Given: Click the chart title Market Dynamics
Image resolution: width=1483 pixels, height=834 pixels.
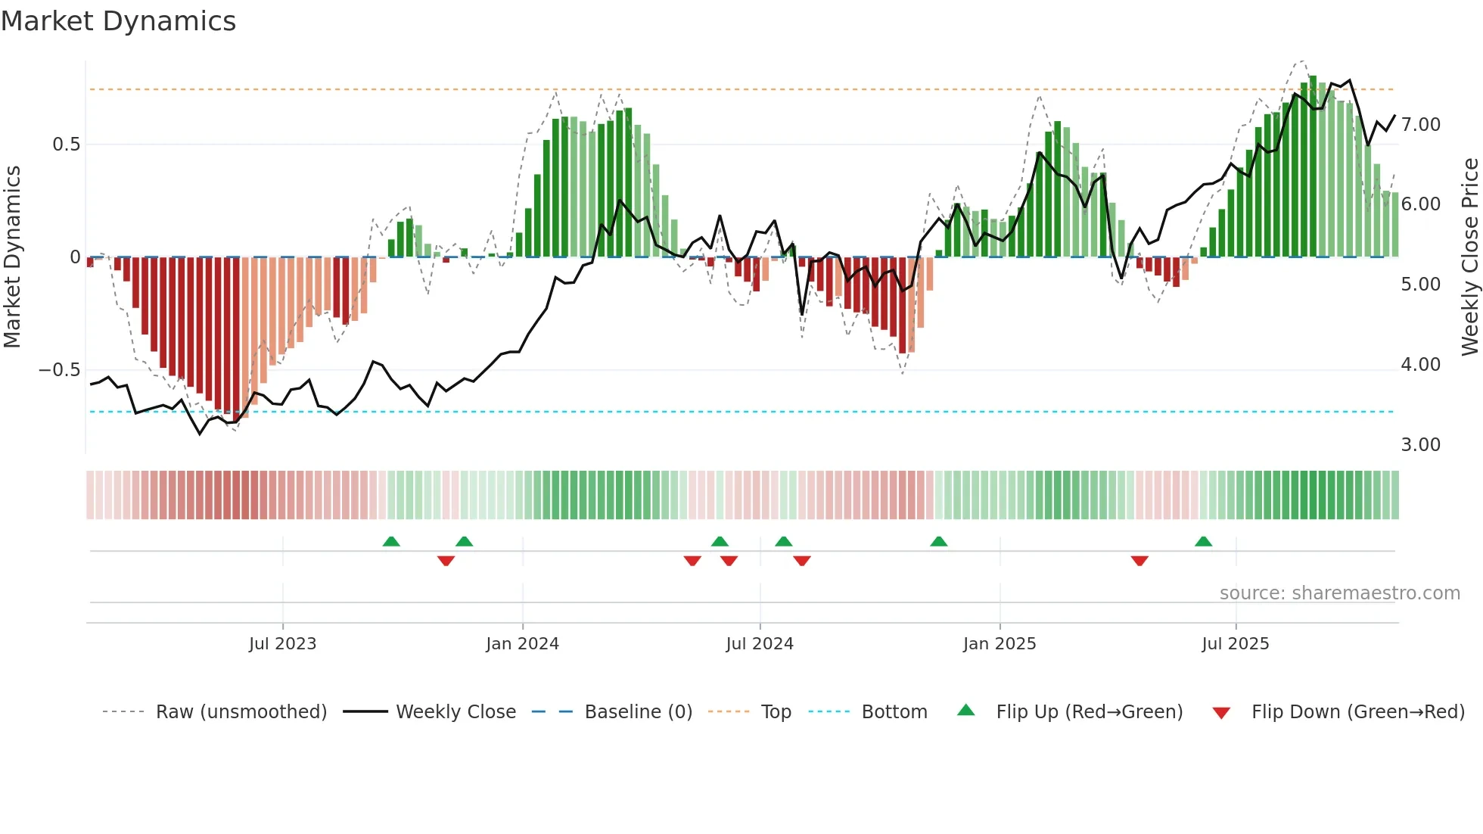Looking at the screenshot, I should click(x=118, y=21).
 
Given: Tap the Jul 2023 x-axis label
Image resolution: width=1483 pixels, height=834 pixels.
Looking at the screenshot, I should click(x=282, y=644).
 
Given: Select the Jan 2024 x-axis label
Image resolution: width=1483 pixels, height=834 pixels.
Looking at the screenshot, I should click(x=522, y=644).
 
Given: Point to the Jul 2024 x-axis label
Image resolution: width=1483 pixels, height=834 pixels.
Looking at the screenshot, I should click(x=760, y=644).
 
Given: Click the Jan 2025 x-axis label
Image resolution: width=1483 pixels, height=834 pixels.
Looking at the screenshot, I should click(x=1000, y=644).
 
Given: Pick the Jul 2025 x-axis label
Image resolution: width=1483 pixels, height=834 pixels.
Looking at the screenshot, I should click(x=1236, y=644).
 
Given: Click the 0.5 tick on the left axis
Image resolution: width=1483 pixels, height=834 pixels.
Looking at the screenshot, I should click(x=66, y=145).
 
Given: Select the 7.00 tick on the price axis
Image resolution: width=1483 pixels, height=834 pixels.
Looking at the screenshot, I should click(x=1421, y=125).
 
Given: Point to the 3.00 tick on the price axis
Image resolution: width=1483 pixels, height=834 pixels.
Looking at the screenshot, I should click(x=1421, y=445).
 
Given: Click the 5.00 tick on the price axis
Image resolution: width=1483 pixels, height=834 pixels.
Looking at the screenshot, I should click(x=1421, y=285).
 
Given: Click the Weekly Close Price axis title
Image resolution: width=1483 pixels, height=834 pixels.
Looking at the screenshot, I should click(x=1469, y=257).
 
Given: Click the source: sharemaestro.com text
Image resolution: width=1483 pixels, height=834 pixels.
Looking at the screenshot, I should click(x=1339, y=593).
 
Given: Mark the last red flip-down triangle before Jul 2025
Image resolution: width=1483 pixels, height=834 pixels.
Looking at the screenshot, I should click(x=1139, y=561).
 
